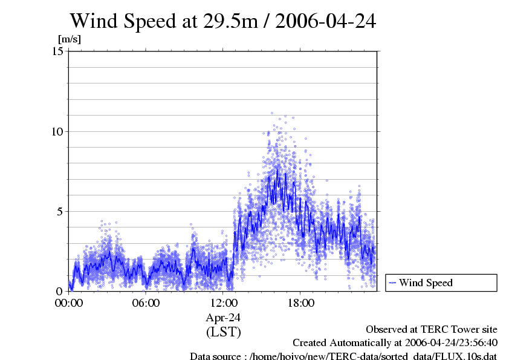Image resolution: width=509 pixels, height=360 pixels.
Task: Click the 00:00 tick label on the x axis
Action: (x=69, y=303)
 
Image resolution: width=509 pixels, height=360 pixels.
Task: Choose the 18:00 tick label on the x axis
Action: (x=301, y=303)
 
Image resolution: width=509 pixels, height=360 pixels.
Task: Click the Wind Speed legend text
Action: (x=426, y=283)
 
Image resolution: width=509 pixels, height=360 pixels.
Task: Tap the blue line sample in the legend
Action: (x=392, y=283)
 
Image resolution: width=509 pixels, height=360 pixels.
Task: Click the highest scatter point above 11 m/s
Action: (x=272, y=113)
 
